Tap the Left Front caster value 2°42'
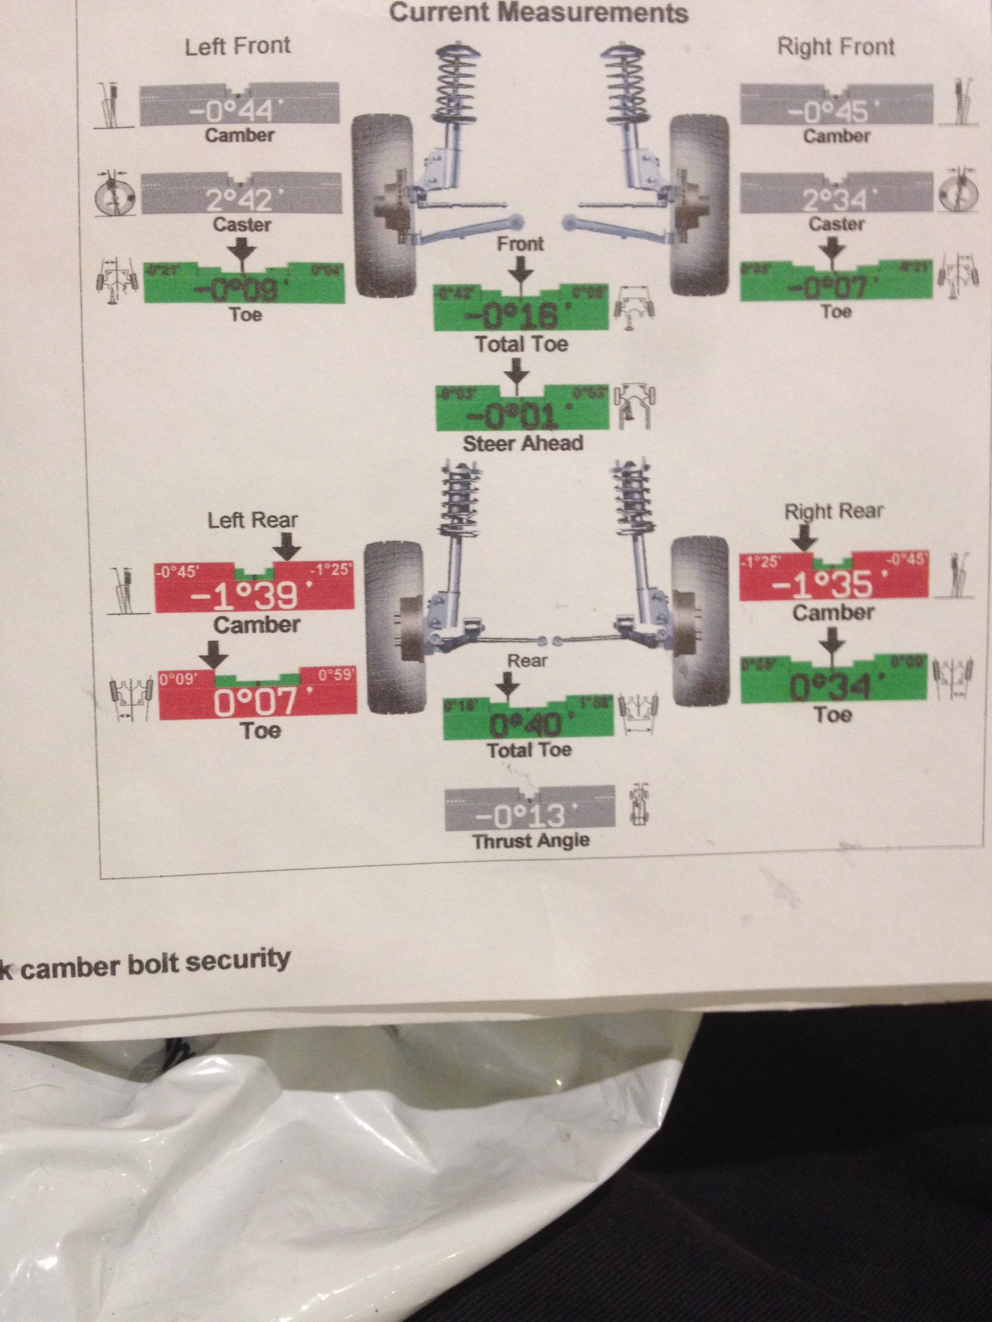point(239,200)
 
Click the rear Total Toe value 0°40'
point(526,725)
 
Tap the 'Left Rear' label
point(252,520)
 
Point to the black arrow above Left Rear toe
point(214,656)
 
